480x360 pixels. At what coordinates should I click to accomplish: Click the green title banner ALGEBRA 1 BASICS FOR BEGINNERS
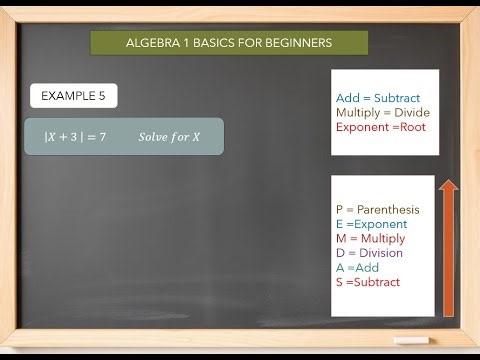(229, 43)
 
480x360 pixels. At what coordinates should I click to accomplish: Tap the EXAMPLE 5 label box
(73, 96)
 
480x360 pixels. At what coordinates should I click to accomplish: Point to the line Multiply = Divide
(383, 113)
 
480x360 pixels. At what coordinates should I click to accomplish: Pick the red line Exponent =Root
(380, 128)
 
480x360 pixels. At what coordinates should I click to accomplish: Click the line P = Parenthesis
(378, 210)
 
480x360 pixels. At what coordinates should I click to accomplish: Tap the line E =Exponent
(372, 224)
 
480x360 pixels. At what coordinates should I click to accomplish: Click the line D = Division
(369, 253)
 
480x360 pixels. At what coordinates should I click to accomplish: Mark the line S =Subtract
(367, 282)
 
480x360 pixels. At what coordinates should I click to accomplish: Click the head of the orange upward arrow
(449, 187)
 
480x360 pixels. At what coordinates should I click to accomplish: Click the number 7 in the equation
(102, 135)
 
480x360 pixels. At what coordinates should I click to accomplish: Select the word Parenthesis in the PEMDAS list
(391, 210)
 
